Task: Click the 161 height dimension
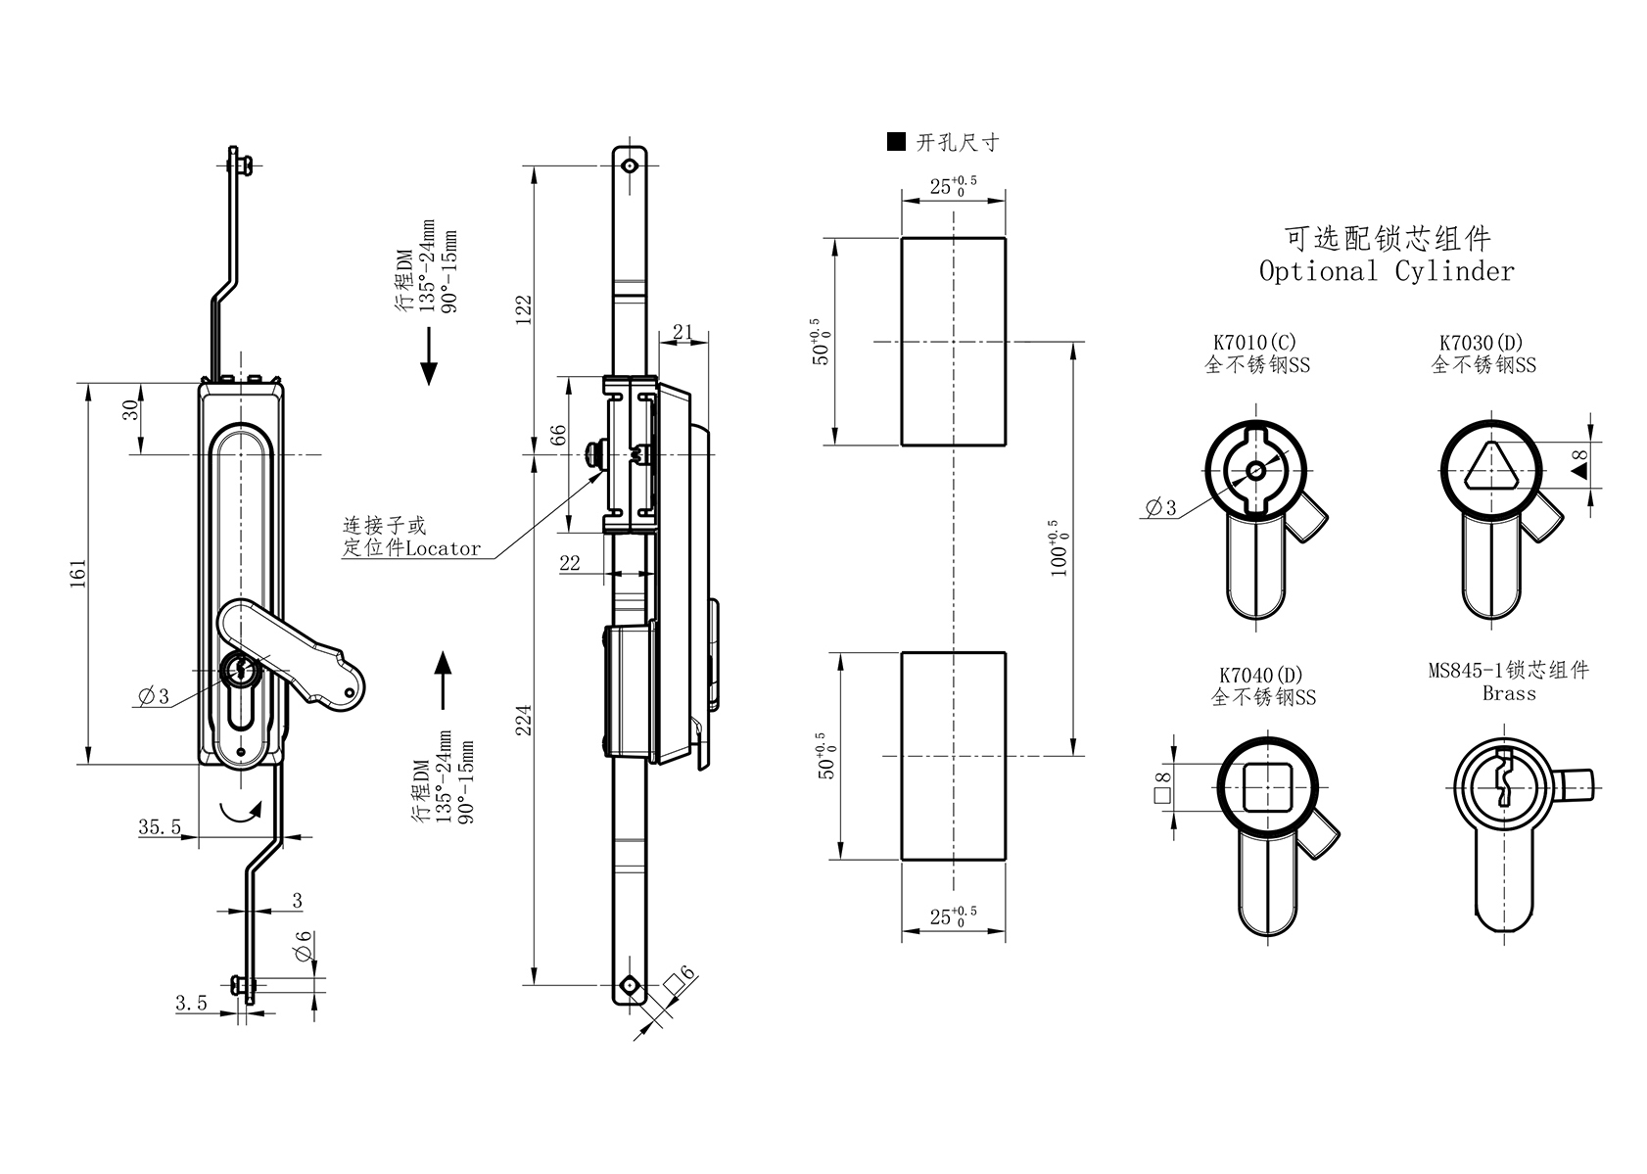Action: (x=78, y=573)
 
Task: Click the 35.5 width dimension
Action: (x=159, y=827)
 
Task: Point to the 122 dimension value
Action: (x=524, y=309)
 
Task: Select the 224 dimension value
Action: (x=524, y=722)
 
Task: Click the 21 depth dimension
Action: (x=682, y=333)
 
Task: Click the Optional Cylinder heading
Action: (x=1387, y=270)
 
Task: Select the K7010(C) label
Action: (x=1254, y=343)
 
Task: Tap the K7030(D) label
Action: (x=1482, y=343)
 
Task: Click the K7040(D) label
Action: (x=1261, y=676)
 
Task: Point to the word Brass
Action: (x=1509, y=693)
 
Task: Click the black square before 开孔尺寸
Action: (x=895, y=142)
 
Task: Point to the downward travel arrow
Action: (x=428, y=356)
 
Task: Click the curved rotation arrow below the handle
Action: (x=241, y=810)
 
